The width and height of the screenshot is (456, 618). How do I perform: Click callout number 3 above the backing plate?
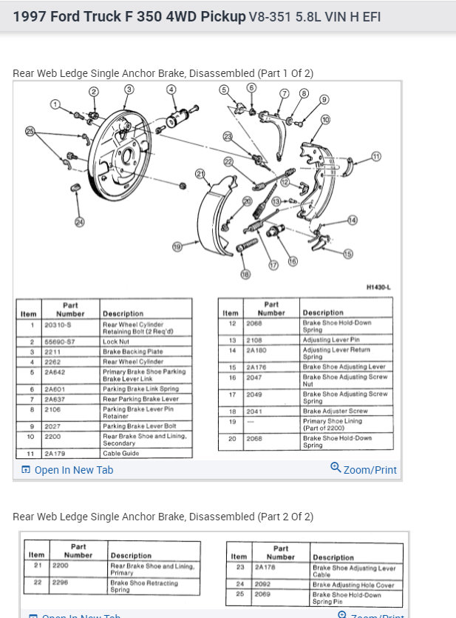[x=129, y=90]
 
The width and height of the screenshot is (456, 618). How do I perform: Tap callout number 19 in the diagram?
[x=177, y=246]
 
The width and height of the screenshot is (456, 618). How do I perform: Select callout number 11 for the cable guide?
[x=376, y=156]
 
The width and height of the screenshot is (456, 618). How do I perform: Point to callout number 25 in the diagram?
[x=30, y=131]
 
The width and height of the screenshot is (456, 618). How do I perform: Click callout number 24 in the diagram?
[x=80, y=221]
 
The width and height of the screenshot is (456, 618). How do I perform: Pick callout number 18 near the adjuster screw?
[x=245, y=274]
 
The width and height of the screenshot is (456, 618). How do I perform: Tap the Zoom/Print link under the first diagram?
[x=364, y=469]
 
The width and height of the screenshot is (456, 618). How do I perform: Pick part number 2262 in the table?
[x=54, y=362]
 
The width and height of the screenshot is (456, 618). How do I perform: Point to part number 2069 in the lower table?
[x=265, y=594]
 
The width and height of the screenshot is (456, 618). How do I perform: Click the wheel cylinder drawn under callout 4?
[x=179, y=116]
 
